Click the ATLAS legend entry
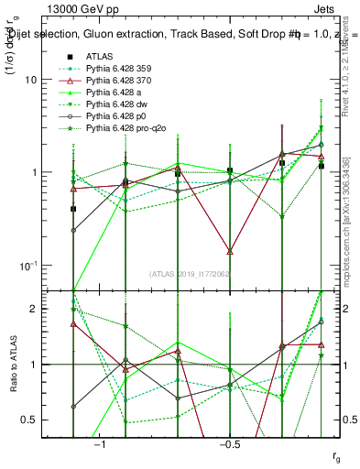99,56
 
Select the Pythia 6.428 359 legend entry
120,69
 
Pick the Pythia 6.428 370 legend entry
120,81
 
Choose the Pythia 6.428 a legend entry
116,93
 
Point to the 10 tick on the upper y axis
55,80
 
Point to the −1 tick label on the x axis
100,444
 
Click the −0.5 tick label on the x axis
227,444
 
